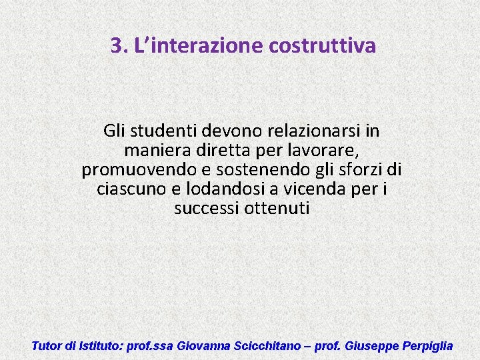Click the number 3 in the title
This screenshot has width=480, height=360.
point(117,46)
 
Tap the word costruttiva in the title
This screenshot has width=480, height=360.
point(323,46)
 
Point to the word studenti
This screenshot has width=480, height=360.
point(167,131)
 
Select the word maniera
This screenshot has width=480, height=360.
point(153,150)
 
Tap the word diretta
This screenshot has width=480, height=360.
point(213,150)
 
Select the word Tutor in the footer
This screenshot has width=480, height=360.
point(47,346)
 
